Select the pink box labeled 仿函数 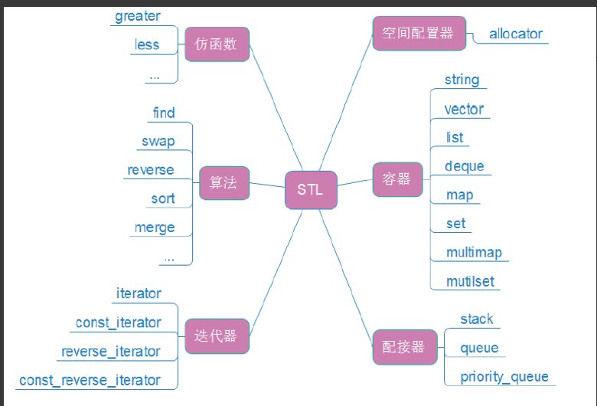[217, 44]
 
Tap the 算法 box [223, 182]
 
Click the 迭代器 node [217, 336]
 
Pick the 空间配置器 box [418, 33]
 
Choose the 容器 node [397, 179]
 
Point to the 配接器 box [404, 346]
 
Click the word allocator [516, 34]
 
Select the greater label [138, 16]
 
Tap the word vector [464, 109]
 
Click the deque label [464, 166]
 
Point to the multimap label [474, 252]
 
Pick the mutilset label [470, 281]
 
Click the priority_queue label [504, 376]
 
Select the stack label [476, 319]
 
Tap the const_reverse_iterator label [90, 380]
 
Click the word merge [155, 228]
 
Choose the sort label [162, 198]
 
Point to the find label [164, 113]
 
